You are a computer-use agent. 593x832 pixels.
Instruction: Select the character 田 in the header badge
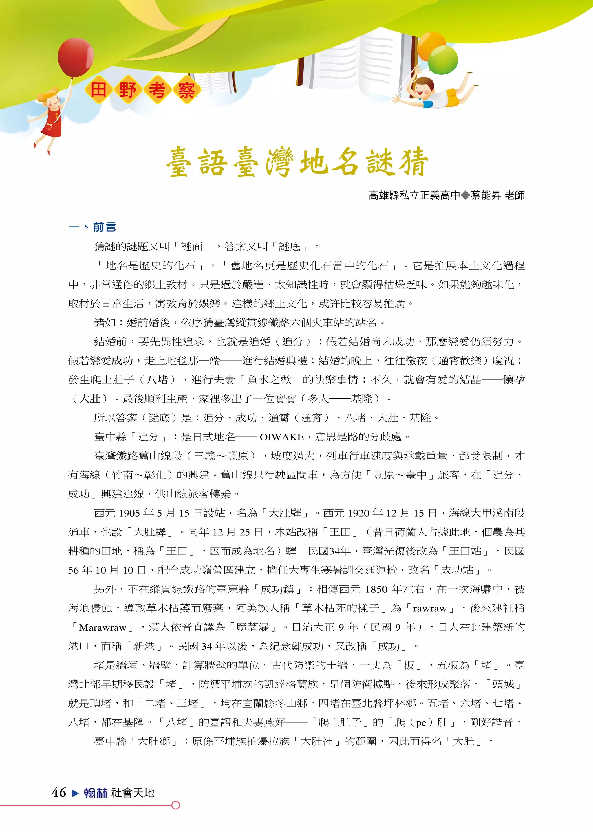coord(98,90)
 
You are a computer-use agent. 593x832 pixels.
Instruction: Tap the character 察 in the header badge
coord(186,90)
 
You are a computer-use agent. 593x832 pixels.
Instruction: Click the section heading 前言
coord(105,227)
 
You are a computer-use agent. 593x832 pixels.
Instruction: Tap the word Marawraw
coord(102,627)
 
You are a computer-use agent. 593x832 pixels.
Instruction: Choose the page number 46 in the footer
coord(59,792)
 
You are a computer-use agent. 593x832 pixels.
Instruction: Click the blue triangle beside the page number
coord(75,793)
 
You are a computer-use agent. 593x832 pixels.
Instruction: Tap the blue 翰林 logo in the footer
coord(96,793)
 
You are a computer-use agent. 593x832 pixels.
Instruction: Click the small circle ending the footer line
coord(176,805)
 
